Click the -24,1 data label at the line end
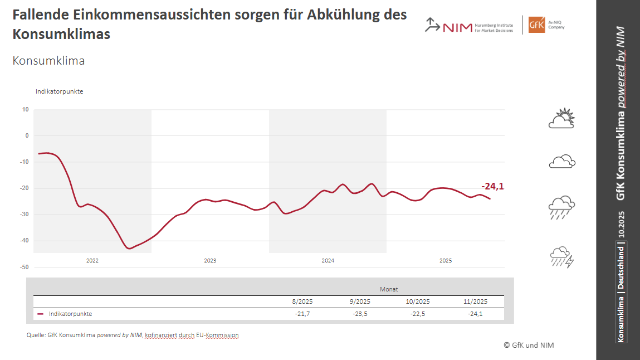(492, 187)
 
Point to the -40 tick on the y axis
(25, 241)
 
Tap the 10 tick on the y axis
(26, 109)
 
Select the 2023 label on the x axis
(210, 261)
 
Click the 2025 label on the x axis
(446, 261)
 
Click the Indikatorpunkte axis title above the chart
(59, 91)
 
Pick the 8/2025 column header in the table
(302, 301)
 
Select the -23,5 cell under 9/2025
(360, 314)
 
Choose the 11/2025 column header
(475, 301)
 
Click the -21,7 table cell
(302, 314)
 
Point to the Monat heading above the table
(389, 289)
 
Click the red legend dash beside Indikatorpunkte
(41, 314)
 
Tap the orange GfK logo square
(536, 25)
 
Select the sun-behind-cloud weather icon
(561, 118)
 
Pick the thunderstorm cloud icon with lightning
(561, 257)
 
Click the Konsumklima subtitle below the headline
(48, 61)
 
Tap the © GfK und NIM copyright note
(529, 345)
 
